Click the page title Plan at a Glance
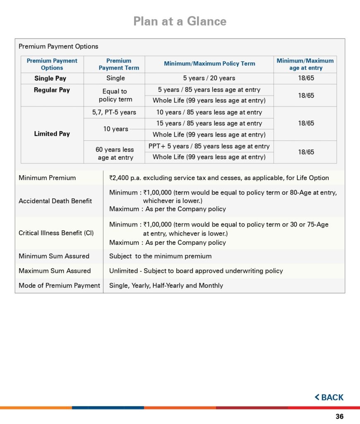(x=180, y=21)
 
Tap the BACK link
(x=329, y=397)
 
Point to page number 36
(x=339, y=417)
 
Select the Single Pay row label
(x=50, y=78)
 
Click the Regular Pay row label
(x=52, y=90)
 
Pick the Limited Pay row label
(x=52, y=134)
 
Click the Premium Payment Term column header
(x=119, y=64)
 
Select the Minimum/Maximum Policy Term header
(x=209, y=64)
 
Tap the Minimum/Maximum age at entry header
(x=305, y=64)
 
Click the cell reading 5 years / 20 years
(x=209, y=78)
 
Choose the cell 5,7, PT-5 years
(x=114, y=112)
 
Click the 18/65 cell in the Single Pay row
(x=306, y=78)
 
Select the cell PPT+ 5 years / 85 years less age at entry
(x=209, y=146)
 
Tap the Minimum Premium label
(x=47, y=178)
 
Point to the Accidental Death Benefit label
(x=55, y=201)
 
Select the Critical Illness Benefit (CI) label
(x=56, y=233)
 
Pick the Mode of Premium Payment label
(x=59, y=285)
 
